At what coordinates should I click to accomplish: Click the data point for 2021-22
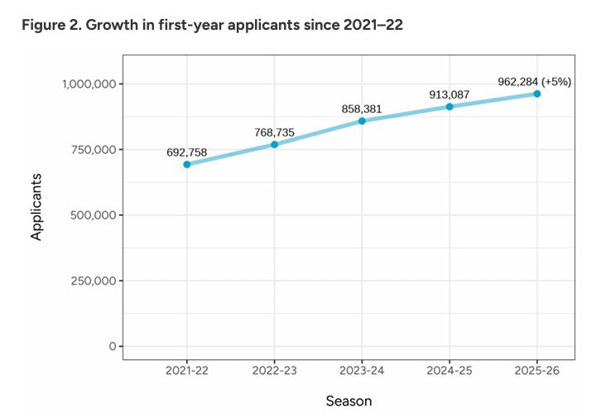pos(187,165)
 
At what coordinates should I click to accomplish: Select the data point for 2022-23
pos(274,145)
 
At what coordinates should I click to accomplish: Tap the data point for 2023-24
pos(362,121)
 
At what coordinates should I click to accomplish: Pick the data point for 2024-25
pos(450,107)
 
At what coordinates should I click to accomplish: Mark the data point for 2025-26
pos(537,94)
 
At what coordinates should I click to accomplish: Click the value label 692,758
pos(187,151)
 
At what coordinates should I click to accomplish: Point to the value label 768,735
pos(274,132)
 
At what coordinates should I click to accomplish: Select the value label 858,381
pos(362,108)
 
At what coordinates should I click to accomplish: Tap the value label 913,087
pos(450,94)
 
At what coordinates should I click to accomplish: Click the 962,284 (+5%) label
pos(535,81)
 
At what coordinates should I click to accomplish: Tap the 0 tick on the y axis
pos(112,346)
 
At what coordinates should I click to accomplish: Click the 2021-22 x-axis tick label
pos(187,372)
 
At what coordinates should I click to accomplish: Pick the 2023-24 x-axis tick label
pos(362,372)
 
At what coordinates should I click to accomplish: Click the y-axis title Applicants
pos(36,206)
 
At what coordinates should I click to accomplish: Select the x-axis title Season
pos(349,401)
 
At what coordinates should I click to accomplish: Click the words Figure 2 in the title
pos(53,25)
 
